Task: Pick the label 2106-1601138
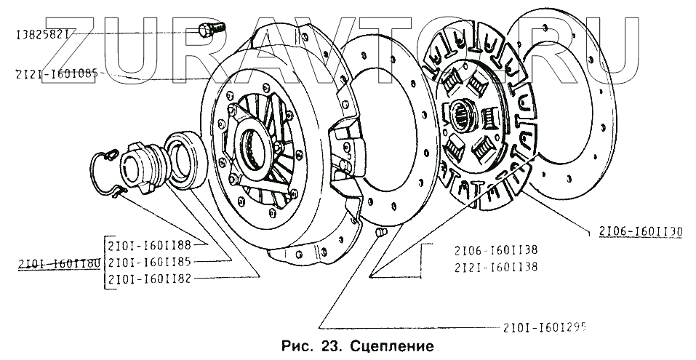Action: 495,249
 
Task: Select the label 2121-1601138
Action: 495,266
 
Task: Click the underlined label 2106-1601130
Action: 641,232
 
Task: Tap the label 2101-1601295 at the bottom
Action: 545,327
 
